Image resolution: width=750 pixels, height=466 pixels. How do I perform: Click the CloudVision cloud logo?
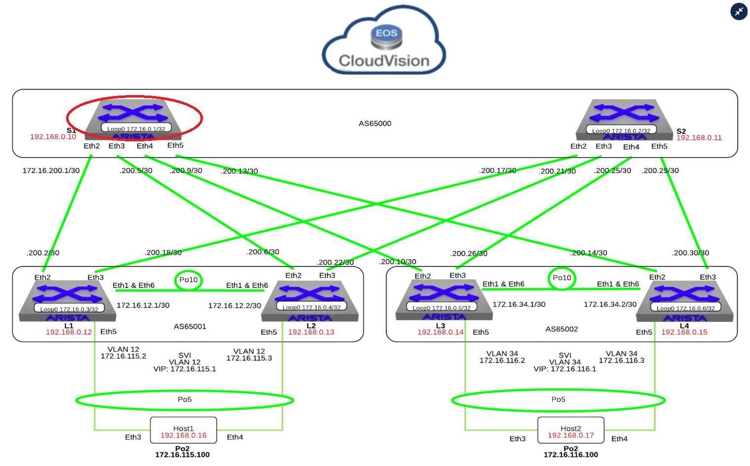(x=384, y=41)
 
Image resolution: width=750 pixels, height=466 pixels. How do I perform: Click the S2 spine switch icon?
(x=624, y=120)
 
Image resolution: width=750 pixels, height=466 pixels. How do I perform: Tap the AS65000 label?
(x=375, y=123)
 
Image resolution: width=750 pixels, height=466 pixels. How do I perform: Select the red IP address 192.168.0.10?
(x=53, y=136)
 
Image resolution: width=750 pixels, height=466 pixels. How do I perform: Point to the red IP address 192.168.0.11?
(x=699, y=138)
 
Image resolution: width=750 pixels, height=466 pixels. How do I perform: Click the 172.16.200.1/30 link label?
(x=51, y=170)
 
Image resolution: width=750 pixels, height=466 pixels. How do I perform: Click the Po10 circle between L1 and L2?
(x=188, y=280)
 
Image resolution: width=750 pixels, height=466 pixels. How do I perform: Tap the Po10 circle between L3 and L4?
(x=562, y=278)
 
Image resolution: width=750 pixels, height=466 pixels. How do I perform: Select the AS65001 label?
(x=190, y=326)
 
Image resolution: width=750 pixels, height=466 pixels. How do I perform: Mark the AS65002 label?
(x=561, y=329)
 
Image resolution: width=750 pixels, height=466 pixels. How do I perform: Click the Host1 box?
(x=183, y=430)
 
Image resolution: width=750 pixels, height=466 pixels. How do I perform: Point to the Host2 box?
(x=571, y=430)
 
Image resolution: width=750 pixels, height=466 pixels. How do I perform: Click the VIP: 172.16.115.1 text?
(x=184, y=369)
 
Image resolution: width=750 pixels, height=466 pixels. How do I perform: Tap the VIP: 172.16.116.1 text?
(x=565, y=369)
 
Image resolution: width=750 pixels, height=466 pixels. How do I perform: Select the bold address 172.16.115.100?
(x=182, y=455)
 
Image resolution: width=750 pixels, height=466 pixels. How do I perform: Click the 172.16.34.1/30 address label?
(x=519, y=304)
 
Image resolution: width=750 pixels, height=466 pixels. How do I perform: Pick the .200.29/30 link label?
(x=660, y=170)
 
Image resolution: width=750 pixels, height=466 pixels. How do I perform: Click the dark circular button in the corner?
(x=739, y=11)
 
